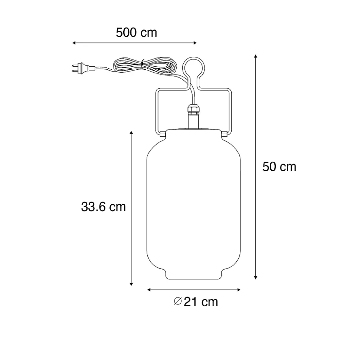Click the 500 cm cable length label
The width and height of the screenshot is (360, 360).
point(136,33)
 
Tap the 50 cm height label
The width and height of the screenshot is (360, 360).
point(279,167)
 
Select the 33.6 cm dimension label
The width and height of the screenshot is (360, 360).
point(104,207)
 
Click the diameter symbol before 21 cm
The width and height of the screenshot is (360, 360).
point(178,301)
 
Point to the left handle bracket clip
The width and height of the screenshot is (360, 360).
point(163,133)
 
